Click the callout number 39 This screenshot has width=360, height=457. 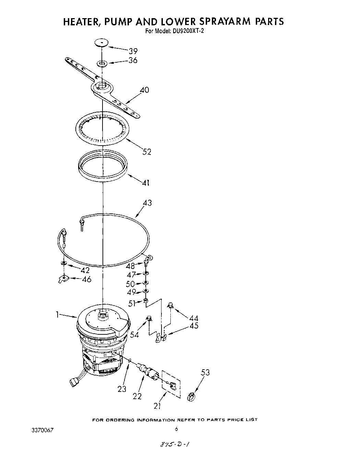pos(133,51)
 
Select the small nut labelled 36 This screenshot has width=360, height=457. pos(102,63)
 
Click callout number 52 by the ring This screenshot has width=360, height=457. pos(146,152)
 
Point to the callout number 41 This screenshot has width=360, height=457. pos(145,183)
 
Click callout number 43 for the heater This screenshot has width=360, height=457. pos(147,203)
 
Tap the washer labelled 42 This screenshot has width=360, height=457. pos(63,263)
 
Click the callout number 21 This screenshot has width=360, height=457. pos(157,406)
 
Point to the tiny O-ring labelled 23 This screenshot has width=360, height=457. pos(130,360)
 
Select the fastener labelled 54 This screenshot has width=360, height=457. pos(149,319)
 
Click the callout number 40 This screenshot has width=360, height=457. pos(144,90)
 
